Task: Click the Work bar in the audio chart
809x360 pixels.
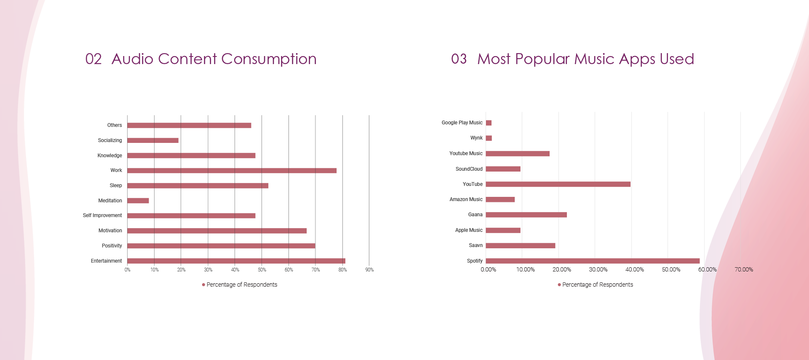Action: [232, 171]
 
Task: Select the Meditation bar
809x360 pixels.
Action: [138, 201]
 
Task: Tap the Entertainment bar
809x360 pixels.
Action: [236, 261]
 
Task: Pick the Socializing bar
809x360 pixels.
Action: [153, 140]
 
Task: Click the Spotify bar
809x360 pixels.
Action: [593, 261]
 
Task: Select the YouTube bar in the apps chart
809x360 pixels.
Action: [558, 184]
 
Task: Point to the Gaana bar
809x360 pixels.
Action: [526, 215]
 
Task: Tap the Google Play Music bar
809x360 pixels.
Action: [489, 123]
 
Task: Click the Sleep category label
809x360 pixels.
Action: [115, 185]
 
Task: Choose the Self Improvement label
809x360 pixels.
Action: [102, 215]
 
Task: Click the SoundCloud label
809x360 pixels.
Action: [469, 169]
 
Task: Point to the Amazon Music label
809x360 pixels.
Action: [466, 199]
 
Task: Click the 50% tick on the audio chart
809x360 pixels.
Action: [262, 270]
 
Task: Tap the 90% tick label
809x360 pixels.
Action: [370, 270]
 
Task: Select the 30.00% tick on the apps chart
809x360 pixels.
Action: [598, 270]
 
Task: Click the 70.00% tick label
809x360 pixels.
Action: [744, 270]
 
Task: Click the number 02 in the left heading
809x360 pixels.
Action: [94, 59]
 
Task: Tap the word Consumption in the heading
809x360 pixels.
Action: [268, 59]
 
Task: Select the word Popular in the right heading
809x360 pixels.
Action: [542, 59]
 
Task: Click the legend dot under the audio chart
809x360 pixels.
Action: [204, 285]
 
